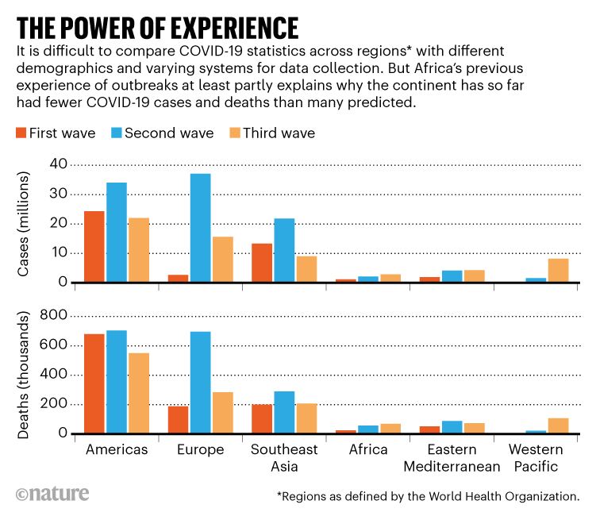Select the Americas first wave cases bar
pos(94,247)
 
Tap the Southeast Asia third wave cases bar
pos(306,269)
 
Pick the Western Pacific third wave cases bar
pos(558,271)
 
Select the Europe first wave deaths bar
pos(178,420)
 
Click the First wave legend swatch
pos(20,133)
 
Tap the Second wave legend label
pos(169,133)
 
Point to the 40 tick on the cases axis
pos(59,164)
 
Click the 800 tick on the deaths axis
pos(54,315)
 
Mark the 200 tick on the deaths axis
pos(54,404)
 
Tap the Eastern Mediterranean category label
pos(452,458)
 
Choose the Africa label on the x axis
pos(368,450)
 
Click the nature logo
pos(52,494)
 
